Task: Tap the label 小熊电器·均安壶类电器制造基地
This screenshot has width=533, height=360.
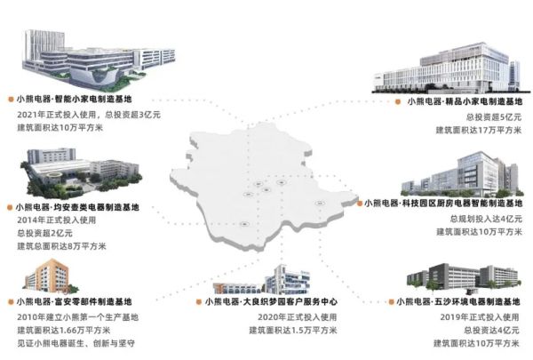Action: coord(75,206)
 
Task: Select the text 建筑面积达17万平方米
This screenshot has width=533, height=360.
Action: coord(481,131)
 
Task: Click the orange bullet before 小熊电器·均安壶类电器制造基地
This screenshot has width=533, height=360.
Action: coord(8,206)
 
